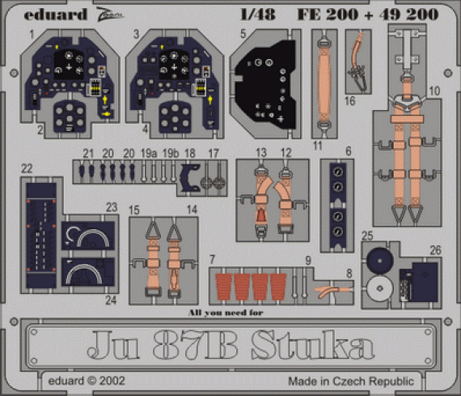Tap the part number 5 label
(243, 36)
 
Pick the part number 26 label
(436, 250)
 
